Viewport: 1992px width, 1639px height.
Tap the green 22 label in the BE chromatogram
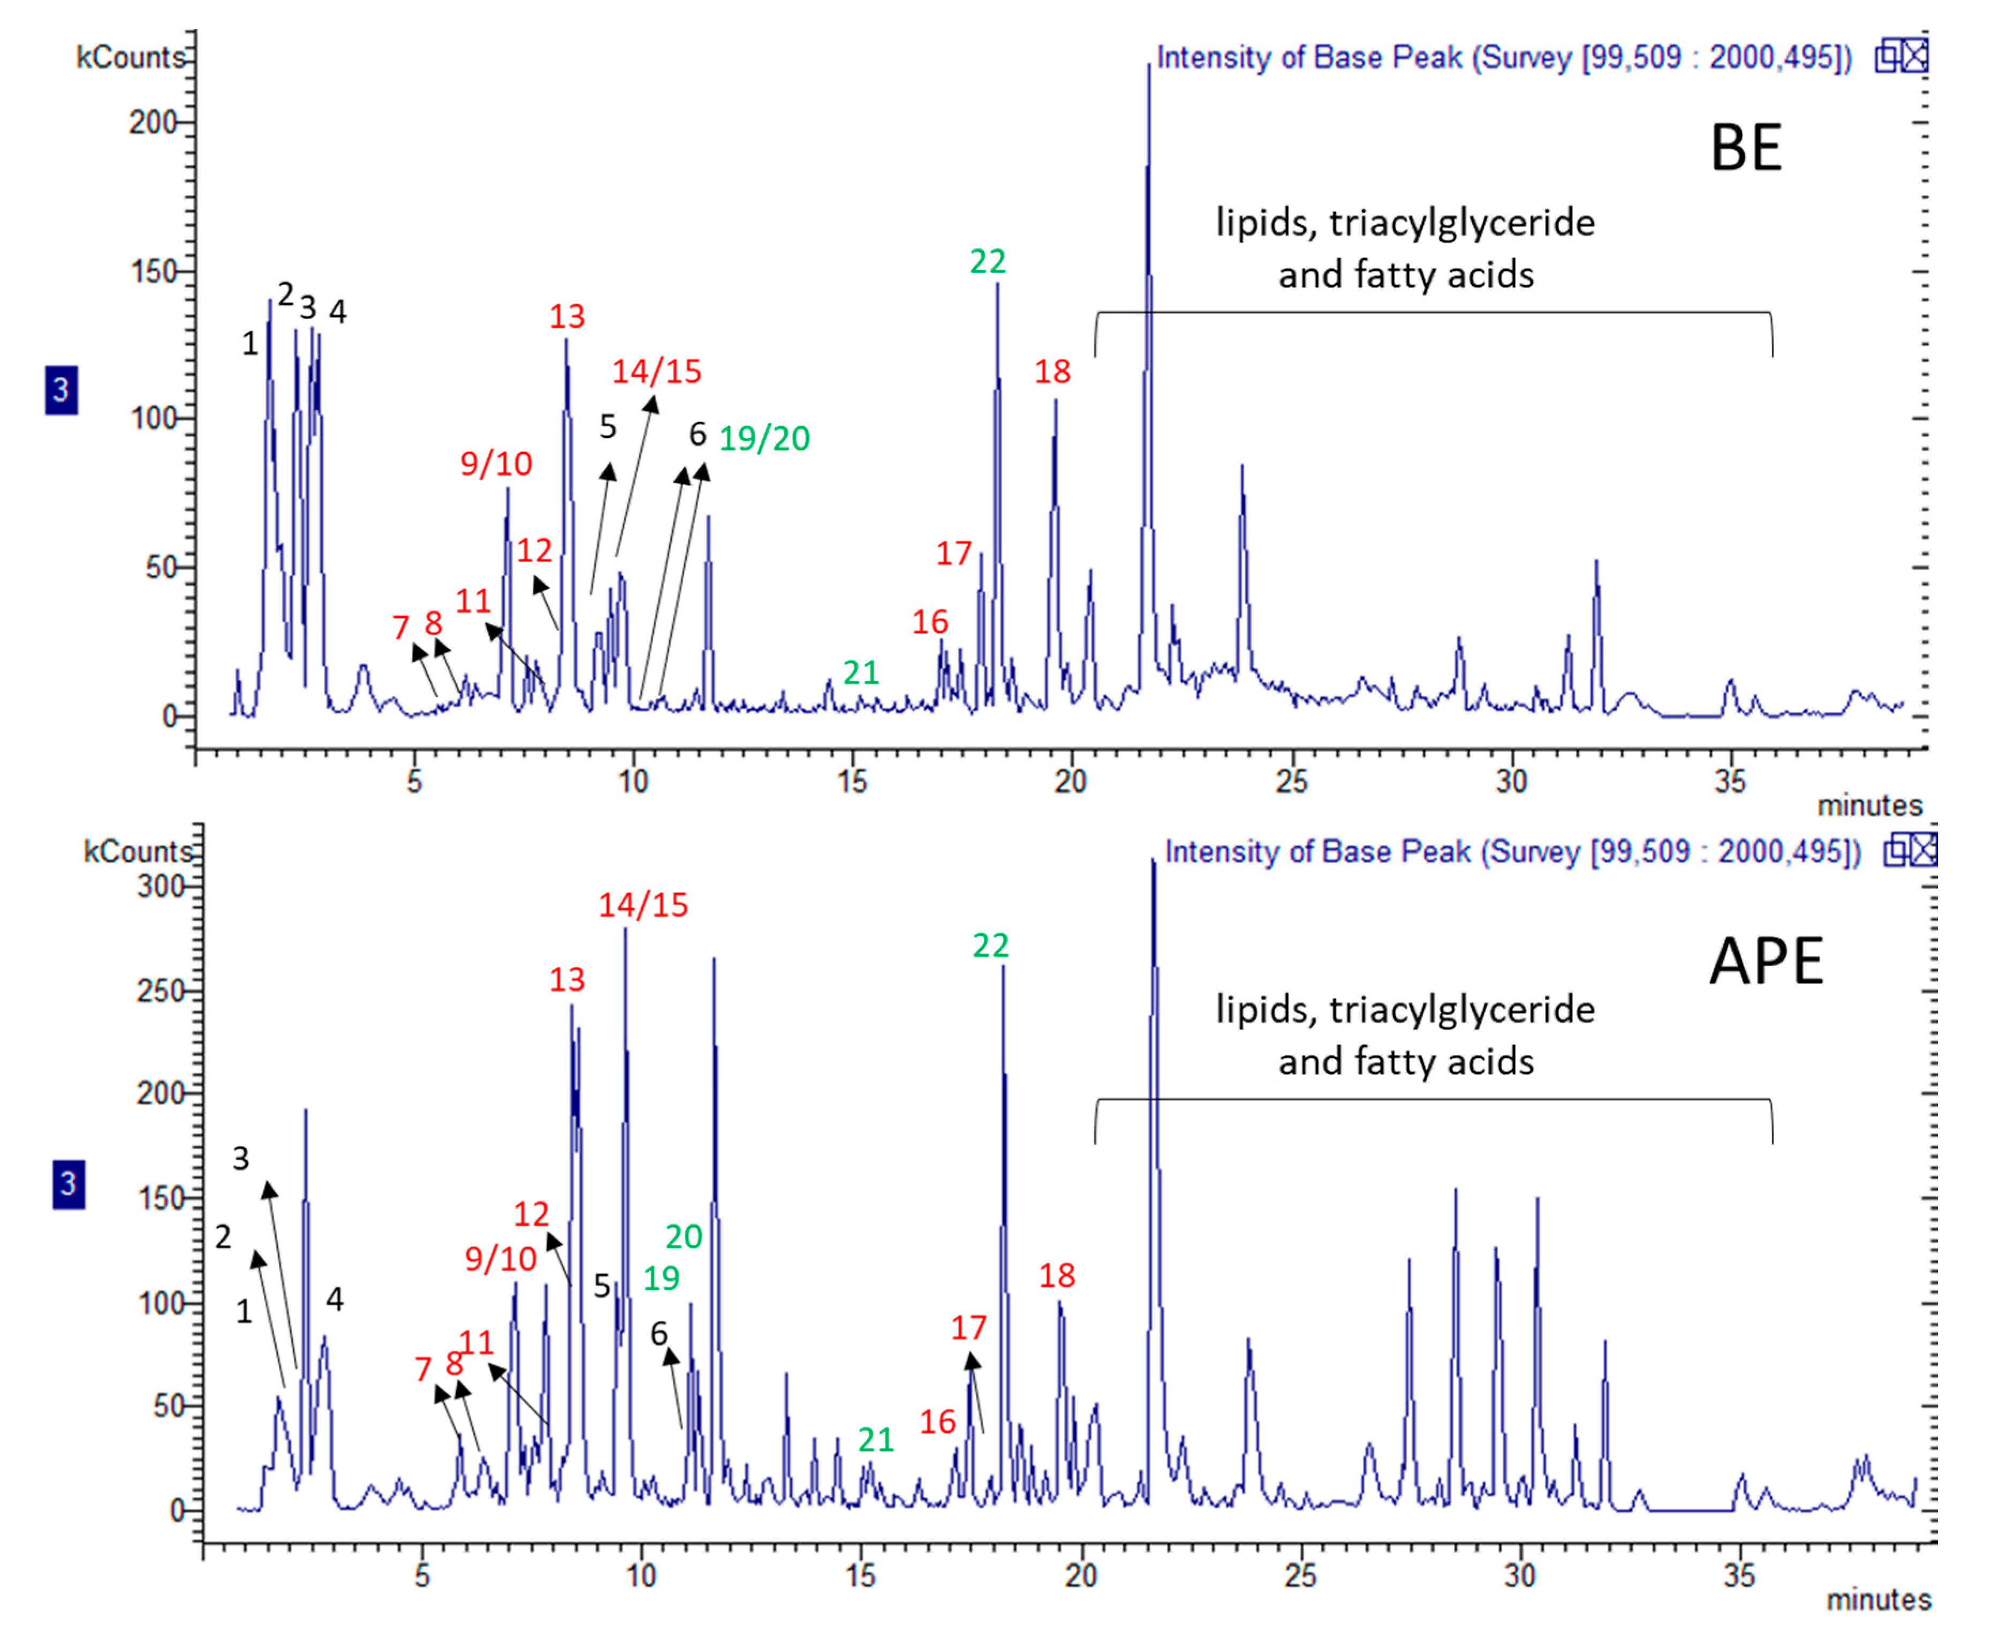pyautogui.click(x=988, y=261)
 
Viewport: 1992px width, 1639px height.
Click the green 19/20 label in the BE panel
pyautogui.click(x=764, y=438)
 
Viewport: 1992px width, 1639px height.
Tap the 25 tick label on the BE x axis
pyautogui.click(x=1291, y=782)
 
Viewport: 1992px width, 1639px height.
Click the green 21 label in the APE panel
pyautogui.click(x=875, y=1440)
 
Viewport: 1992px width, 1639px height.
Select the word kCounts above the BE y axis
pyautogui.click(x=130, y=58)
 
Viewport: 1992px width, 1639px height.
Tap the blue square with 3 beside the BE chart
pyautogui.click(x=62, y=390)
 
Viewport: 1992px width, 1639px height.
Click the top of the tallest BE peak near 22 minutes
pyautogui.click(x=1149, y=66)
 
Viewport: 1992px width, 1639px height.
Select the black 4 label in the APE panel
pyautogui.click(x=334, y=1300)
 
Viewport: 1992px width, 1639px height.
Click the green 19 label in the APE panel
pyautogui.click(x=661, y=1278)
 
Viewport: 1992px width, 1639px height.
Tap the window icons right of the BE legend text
pyautogui.click(x=1900, y=57)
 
